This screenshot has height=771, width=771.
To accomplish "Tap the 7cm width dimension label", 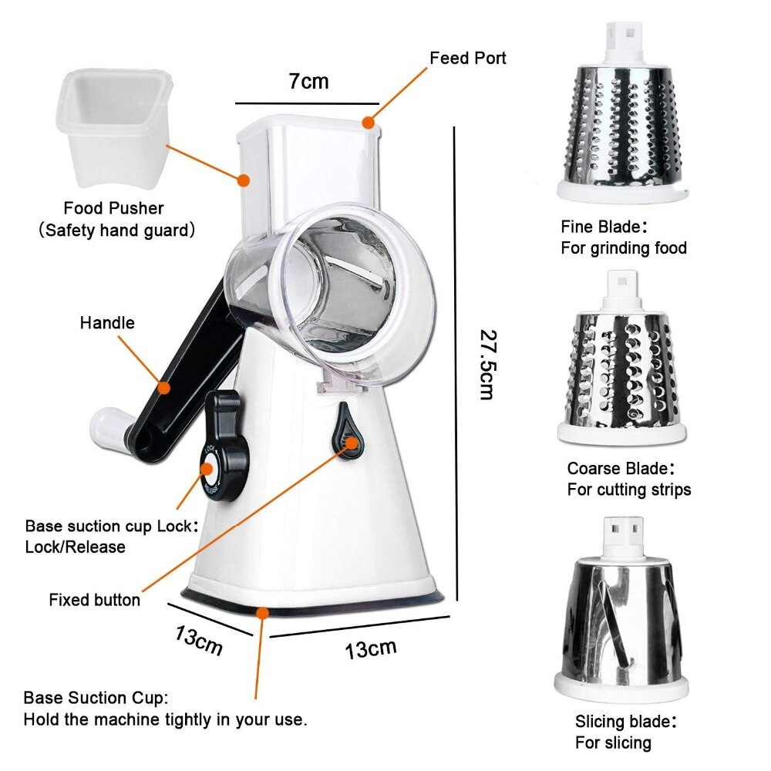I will pos(308,81).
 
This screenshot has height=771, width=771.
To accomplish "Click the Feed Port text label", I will pos(468,58).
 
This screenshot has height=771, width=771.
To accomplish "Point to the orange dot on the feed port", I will pos(369,122).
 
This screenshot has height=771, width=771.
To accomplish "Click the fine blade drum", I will pos(622,127).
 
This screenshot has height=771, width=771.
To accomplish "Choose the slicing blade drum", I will pos(621,617).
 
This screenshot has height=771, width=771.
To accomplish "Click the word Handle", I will pos(107,322).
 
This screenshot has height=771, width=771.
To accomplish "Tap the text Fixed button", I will pos(95,599).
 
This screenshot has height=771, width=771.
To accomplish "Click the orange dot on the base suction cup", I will pos(263,613).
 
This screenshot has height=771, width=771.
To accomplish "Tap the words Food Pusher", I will pos(113,208).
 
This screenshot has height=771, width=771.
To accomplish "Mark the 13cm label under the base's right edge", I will pos(371,648).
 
